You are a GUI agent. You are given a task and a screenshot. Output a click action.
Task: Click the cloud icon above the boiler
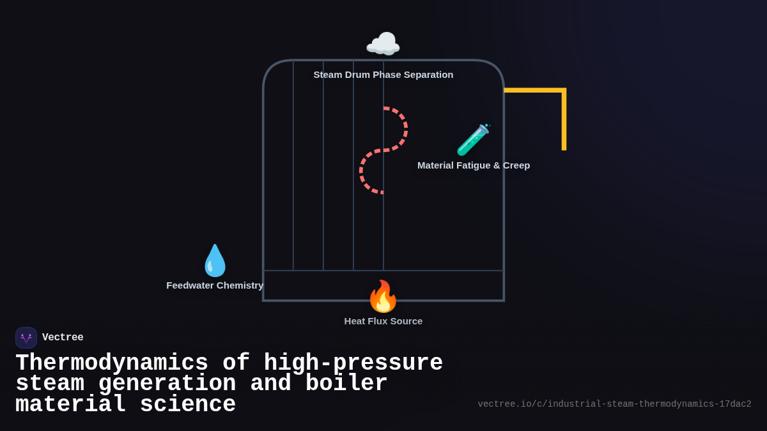point(383,45)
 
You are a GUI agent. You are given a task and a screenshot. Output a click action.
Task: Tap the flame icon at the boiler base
point(383,296)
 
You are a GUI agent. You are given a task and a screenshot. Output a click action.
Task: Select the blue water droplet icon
point(215,261)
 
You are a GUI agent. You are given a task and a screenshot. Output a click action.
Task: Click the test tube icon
point(473,139)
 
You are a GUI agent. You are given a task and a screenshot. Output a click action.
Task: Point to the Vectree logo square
point(26,338)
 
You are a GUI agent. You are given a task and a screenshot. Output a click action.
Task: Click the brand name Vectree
point(63,338)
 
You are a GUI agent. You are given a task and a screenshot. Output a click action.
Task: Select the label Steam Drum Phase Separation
point(383,75)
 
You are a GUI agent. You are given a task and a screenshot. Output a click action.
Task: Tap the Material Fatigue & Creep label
point(474,165)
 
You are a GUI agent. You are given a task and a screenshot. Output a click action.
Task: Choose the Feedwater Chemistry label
point(215,285)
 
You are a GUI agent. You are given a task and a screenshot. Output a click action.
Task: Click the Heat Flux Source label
point(383,321)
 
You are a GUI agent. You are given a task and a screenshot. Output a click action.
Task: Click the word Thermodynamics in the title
point(112,363)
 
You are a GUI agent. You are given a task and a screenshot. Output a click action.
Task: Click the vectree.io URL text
point(614,404)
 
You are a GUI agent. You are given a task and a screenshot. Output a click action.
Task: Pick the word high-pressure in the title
point(353,363)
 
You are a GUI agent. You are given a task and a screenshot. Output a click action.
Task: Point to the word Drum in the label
point(357,75)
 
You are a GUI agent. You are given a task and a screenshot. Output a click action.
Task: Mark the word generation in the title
point(167,384)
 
